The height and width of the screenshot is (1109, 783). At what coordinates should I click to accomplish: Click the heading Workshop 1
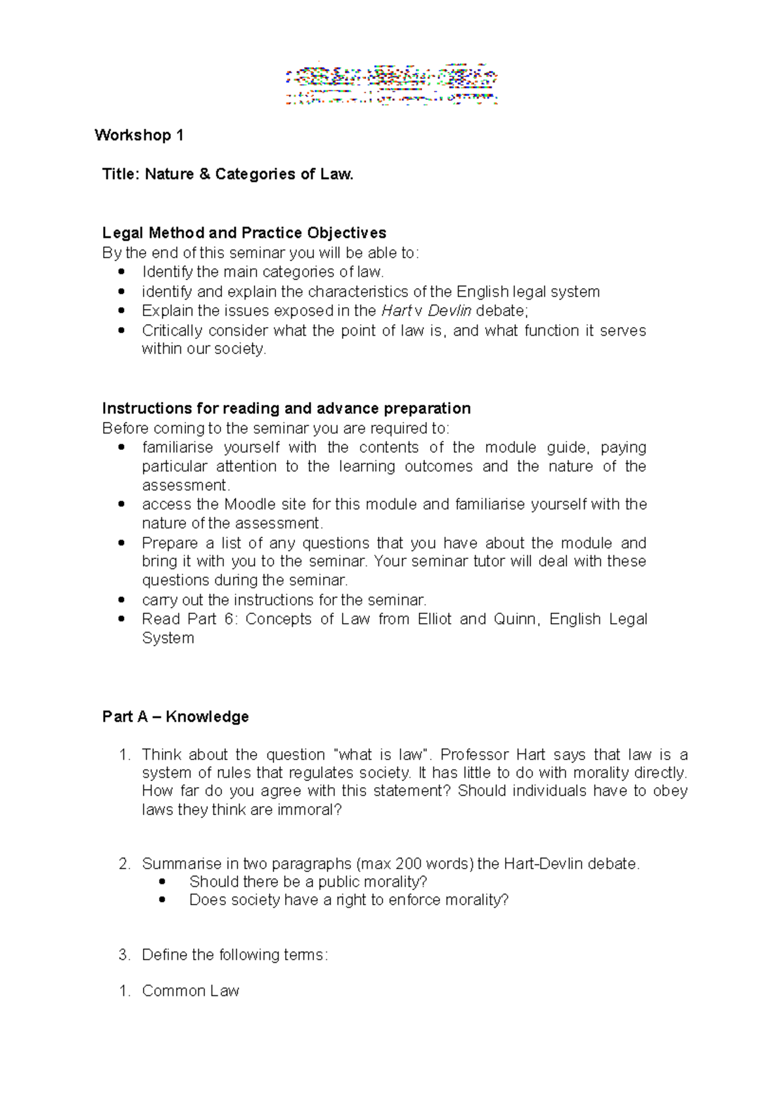[139, 135]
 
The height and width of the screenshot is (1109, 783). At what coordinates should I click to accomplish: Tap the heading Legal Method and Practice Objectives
[244, 233]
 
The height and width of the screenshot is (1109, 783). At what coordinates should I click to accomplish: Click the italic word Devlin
[449, 310]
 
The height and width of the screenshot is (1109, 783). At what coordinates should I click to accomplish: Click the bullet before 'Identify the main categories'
[121, 272]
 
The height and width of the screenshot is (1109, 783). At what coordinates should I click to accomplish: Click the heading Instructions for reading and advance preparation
[286, 408]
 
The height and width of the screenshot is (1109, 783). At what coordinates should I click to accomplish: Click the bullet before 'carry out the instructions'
[121, 600]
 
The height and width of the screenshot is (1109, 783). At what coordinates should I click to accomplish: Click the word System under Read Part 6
[168, 638]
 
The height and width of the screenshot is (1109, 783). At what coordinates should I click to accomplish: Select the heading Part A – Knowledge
[176, 716]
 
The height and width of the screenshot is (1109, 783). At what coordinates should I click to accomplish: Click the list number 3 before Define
[124, 955]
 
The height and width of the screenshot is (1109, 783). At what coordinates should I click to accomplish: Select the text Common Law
[191, 991]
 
